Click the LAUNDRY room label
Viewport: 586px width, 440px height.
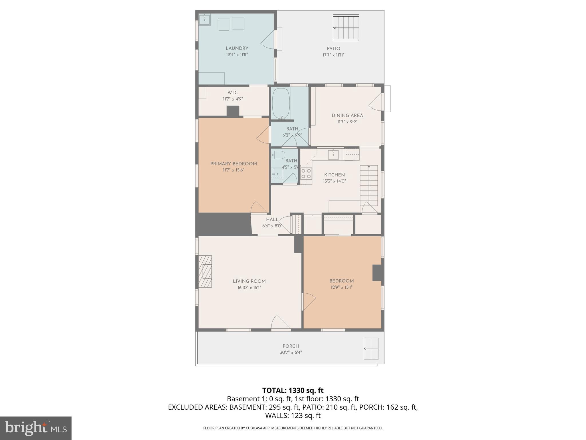click(x=237, y=48)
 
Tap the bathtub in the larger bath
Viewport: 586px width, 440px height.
click(x=281, y=103)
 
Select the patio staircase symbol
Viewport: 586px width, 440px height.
click(x=346, y=28)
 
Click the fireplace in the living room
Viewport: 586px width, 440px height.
click(x=205, y=271)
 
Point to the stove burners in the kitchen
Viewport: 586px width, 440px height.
click(x=306, y=173)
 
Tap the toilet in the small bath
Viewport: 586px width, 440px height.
click(x=277, y=155)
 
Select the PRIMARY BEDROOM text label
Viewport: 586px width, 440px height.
click(x=233, y=164)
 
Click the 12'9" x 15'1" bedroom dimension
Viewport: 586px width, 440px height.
click(x=341, y=287)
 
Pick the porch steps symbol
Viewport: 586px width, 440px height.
click(x=371, y=349)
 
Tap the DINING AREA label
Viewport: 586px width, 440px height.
click(x=347, y=115)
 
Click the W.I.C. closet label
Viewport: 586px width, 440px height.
click(x=233, y=93)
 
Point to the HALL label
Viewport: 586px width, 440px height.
click(x=272, y=219)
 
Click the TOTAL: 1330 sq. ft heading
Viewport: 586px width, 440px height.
click(x=293, y=390)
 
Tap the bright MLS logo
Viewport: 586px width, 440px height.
click(x=36, y=428)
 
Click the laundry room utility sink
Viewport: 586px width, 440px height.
click(x=205, y=20)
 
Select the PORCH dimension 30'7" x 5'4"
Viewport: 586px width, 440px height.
click(x=291, y=352)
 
